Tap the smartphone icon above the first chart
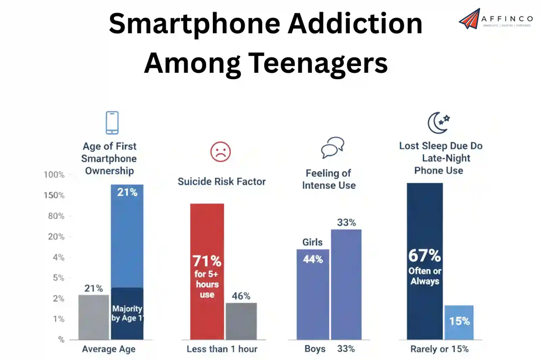pos(111,122)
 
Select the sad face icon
pos(220,152)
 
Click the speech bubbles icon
pos(333,147)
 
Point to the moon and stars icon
pos(438,123)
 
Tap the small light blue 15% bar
pos(459,322)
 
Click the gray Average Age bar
pos(94,317)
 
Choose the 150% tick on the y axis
pos(53,195)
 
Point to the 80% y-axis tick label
pos(54,216)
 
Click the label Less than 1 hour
pos(222,349)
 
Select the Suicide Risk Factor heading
pos(221,182)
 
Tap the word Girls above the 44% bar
pos(312,242)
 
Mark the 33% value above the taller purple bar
pos(346,222)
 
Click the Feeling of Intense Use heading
pos(329,179)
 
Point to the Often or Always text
pos(425,276)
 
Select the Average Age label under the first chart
pos(109,349)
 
